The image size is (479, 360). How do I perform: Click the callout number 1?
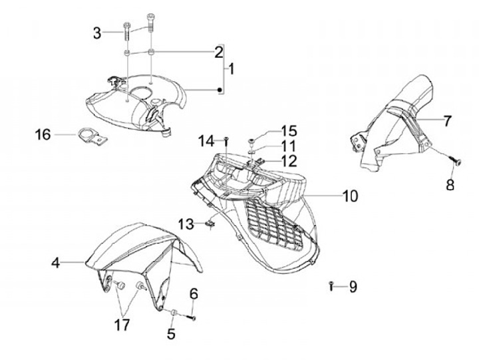[x=232, y=69]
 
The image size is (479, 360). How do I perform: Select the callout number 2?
[x=217, y=52]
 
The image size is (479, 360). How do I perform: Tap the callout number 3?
[x=98, y=33]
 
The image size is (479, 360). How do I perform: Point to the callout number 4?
[x=56, y=264]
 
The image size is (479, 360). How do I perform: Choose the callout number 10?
[x=350, y=196]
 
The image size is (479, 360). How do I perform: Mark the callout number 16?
[x=43, y=135]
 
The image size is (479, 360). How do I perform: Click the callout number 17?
[x=122, y=326]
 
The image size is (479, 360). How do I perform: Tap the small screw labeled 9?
[x=331, y=286]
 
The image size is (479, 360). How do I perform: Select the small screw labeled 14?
[x=227, y=140]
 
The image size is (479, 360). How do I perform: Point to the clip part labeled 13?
[x=210, y=224]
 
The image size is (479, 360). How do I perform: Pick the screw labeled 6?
[x=192, y=317]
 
